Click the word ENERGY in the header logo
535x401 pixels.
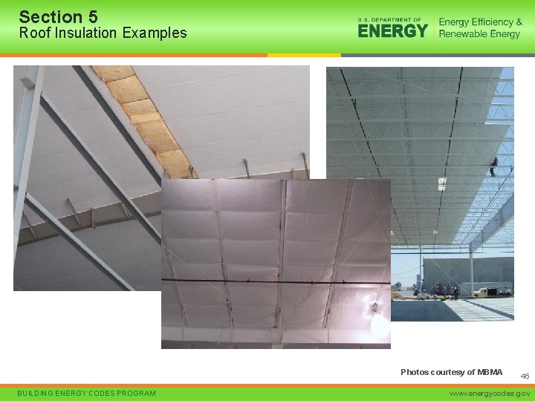(x=392, y=30)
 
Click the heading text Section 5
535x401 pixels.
(x=58, y=16)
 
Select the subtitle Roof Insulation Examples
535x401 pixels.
(x=103, y=33)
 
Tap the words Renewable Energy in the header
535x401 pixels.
(x=479, y=34)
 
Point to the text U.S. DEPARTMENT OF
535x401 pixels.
(x=389, y=19)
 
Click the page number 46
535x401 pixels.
(x=525, y=376)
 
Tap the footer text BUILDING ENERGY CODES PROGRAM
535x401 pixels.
(x=88, y=393)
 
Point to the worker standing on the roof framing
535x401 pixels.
(x=492, y=166)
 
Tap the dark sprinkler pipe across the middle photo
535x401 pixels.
(x=275, y=282)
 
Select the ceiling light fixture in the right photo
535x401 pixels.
(x=441, y=184)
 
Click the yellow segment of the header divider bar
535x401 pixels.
(x=304, y=55)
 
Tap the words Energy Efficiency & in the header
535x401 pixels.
(x=480, y=22)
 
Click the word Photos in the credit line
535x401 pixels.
(x=414, y=372)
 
